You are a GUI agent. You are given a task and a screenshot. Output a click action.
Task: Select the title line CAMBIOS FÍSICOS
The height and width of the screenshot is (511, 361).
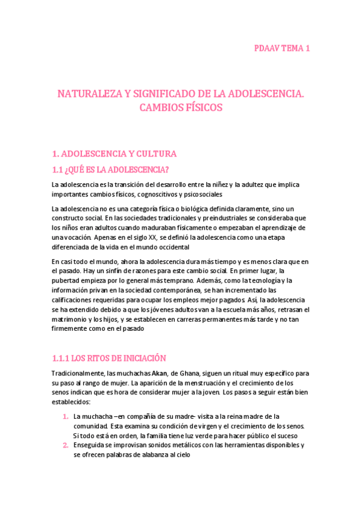(x=181, y=108)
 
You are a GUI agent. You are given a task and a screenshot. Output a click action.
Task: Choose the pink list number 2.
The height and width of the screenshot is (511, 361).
(x=66, y=446)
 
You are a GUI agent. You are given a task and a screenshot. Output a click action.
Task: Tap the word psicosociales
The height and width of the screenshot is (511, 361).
(x=202, y=195)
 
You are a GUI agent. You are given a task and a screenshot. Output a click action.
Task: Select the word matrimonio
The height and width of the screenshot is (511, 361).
(x=70, y=319)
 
